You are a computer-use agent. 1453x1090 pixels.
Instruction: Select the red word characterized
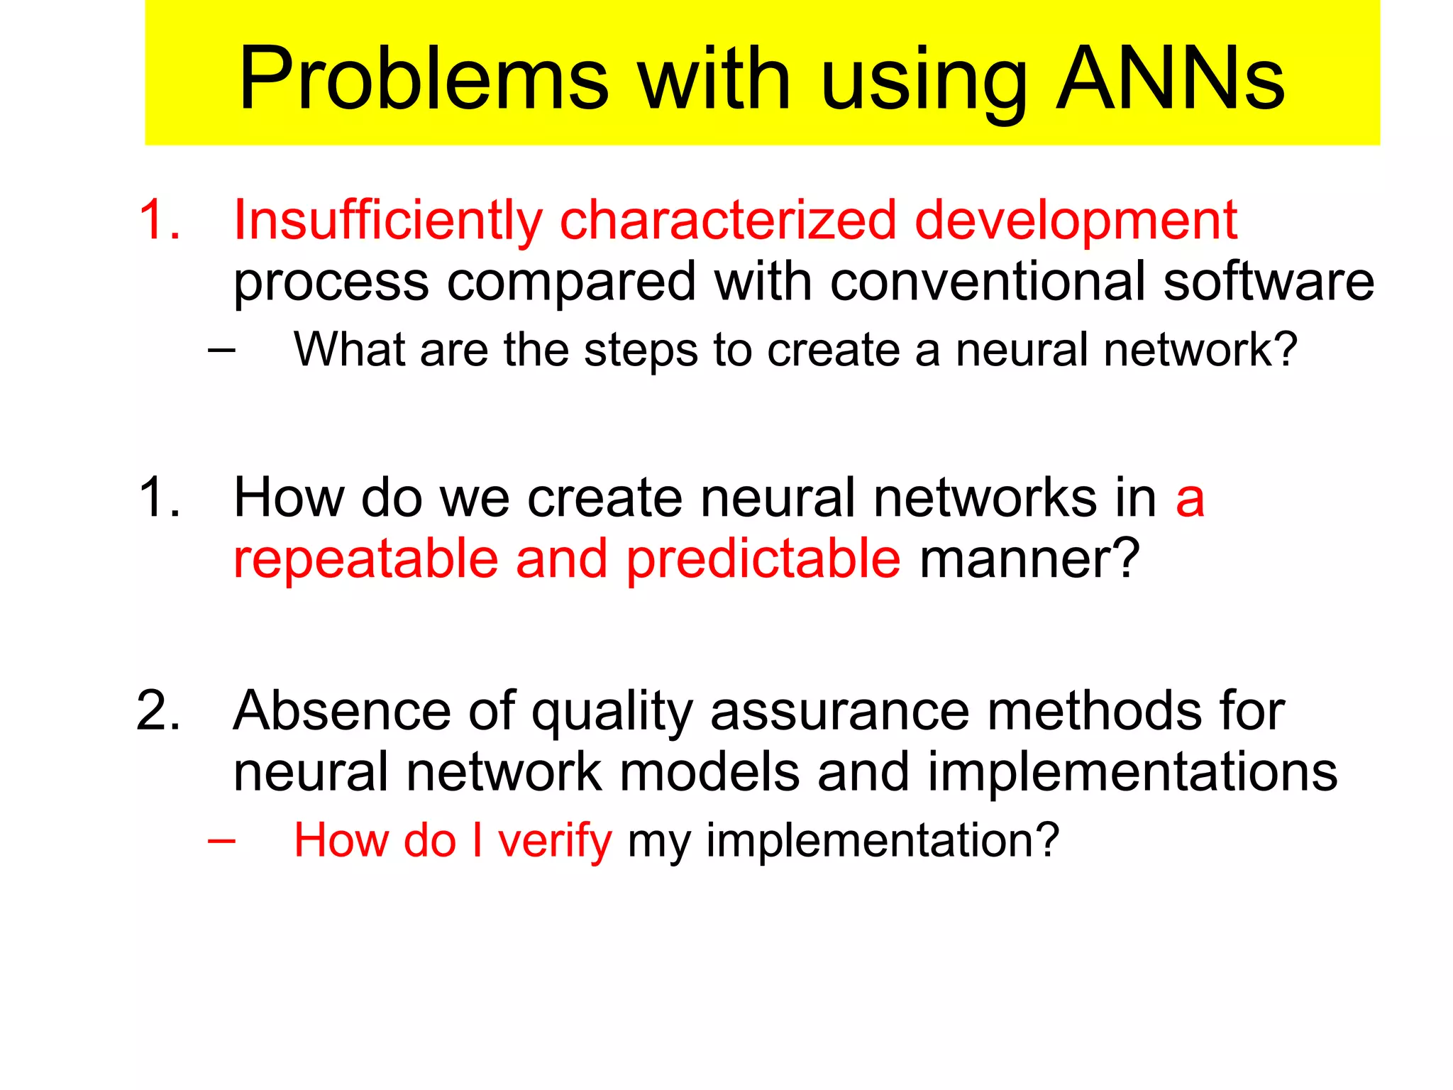pos(728,220)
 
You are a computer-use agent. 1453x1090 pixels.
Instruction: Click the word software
pos(1268,282)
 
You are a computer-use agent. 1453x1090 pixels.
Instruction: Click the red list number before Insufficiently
pos(159,220)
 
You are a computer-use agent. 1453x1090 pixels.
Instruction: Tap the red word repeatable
pos(365,559)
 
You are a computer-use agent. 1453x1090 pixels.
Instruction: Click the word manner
pos(1029,559)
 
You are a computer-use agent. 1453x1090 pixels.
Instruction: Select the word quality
pos(612,712)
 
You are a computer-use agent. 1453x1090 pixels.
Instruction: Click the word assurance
pos(839,710)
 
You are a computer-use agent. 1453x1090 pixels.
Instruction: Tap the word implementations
pos(1132,772)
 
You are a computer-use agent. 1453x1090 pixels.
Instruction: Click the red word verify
pos(554,841)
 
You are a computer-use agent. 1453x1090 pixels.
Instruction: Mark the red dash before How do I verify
pos(221,840)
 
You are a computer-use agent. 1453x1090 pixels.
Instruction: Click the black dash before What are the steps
pos(221,349)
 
